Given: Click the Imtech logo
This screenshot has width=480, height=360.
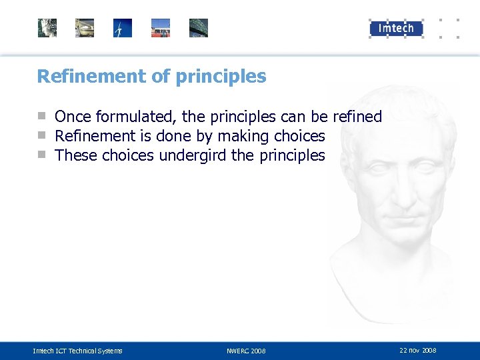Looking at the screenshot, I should tap(397, 28).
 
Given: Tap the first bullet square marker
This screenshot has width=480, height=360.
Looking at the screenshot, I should tap(42, 116).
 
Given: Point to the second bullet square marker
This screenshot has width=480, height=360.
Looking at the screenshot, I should tap(42, 135).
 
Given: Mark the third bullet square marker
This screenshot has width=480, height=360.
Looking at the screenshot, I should tap(42, 155).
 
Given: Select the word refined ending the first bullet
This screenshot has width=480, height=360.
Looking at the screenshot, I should tap(357, 117).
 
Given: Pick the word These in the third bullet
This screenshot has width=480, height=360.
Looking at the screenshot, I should tap(75, 156).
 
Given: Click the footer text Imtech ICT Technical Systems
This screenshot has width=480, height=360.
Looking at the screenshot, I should tap(78, 351).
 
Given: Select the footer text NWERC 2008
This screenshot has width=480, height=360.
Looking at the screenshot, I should tap(246, 351).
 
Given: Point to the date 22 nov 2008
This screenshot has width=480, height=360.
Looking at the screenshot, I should tap(418, 350).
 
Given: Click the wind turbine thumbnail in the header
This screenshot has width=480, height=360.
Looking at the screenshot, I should tap(123, 28).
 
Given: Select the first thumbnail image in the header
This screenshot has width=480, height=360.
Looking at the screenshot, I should tap(47, 28).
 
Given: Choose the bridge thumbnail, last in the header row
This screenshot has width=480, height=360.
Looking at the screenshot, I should tap(198, 28).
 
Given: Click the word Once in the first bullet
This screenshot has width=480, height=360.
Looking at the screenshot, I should tap(73, 117).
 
